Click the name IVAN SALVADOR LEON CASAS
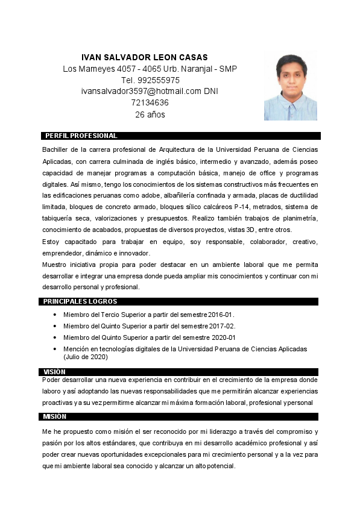click(x=144, y=57)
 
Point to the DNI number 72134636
click(x=150, y=103)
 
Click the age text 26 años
click(x=150, y=114)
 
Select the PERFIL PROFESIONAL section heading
click(x=81, y=136)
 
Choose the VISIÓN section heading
click(x=54, y=372)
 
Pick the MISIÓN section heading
click(x=54, y=416)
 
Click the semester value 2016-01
click(x=221, y=315)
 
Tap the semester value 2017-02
click(x=222, y=327)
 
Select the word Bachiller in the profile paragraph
click(x=56, y=149)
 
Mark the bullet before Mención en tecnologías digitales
click(x=55, y=349)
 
